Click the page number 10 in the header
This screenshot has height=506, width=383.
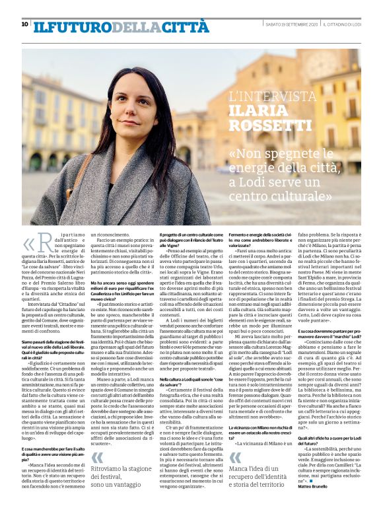(24, 24)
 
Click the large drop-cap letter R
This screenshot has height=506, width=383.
(44, 250)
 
